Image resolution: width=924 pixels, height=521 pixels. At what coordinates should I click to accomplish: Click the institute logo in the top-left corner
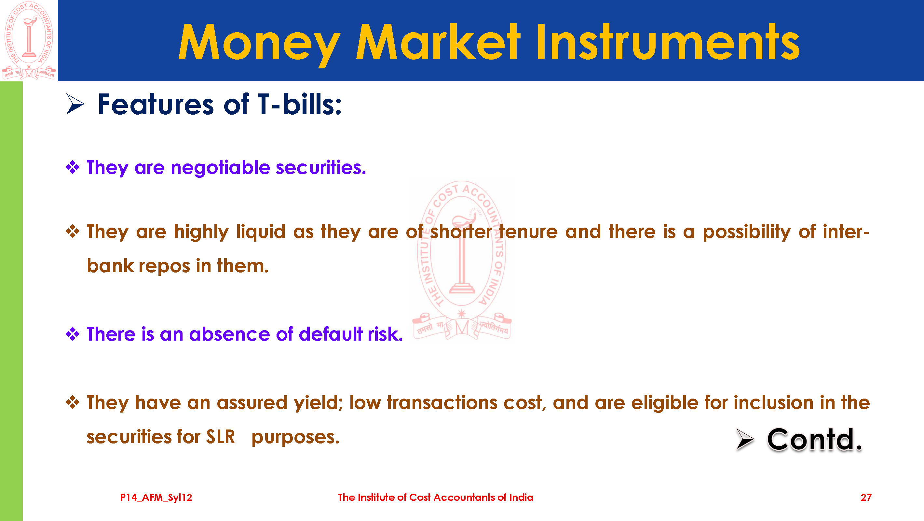pyautogui.click(x=29, y=40)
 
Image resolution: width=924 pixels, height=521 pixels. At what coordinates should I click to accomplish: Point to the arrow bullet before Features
pyautogui.click(x=75, y=104)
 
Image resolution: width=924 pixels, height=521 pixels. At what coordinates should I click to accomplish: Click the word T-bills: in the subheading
pyautogui.click(x=300, y=104)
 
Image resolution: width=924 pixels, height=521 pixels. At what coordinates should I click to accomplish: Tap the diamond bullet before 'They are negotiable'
pyautogui.click(x=73, y=167)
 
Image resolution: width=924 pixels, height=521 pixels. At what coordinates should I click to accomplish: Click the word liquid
pyautogui.click(x=261, y=232)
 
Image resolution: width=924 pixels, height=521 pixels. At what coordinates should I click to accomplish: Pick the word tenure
pyautogui.click(x=528, y=232)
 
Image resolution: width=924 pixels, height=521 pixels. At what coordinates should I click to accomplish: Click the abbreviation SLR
pyautogui.click(x=220, y=437)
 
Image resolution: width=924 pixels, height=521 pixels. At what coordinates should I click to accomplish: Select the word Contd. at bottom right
pyautogui.click(x=814, y=440)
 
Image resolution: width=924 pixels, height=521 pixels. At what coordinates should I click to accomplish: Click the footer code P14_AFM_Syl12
pyautogui.click(x=156, y=497)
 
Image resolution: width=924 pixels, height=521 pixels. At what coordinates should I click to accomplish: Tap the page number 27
pyautogui.click(x=866, y=497)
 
